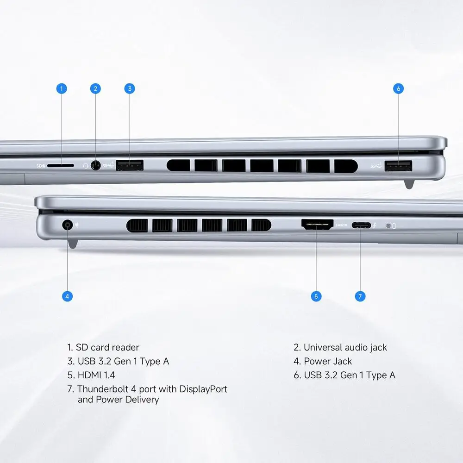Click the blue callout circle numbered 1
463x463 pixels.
[x=62, y=88]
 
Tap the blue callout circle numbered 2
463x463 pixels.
[x=95, y=88]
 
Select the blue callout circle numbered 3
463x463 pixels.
[x=130, y=88]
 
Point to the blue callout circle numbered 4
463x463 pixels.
[x=67, y=296]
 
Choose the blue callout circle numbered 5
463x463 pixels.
[x=316, y=296]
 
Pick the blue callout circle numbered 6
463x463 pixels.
[x=398, y=88]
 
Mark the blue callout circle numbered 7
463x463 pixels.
[x=360, y=296]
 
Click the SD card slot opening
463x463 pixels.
[x=61, y=166]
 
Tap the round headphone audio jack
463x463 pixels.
[x=95, y=165]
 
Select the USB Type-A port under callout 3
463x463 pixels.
[x=130, y=165]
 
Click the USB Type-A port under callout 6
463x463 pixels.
[x=398, y=166]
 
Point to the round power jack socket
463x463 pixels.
[x=67, y=225]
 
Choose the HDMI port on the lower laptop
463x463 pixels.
[x=318, y=225]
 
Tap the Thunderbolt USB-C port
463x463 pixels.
[x=361, y=225]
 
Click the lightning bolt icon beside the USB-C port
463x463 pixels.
[x=375, y=225]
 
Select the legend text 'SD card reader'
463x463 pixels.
[x=107, y=347]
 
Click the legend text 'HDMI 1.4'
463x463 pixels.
[x=96, y=375]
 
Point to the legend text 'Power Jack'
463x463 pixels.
[x=328, y=361]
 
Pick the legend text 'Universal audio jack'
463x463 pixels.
[x=345, y=348]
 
